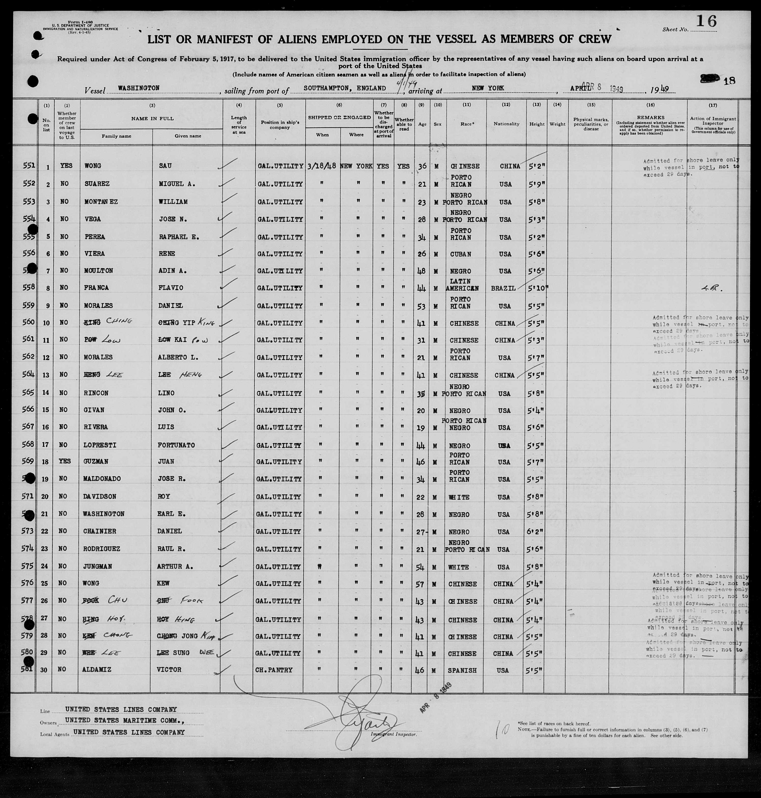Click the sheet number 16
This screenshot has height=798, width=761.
click(x=706, y=21)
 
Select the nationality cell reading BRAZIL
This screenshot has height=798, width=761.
click(x=503, y=288)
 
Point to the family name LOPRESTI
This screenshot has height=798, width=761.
click(x=100, y=445)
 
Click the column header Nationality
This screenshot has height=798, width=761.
click(x=506, y=124)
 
